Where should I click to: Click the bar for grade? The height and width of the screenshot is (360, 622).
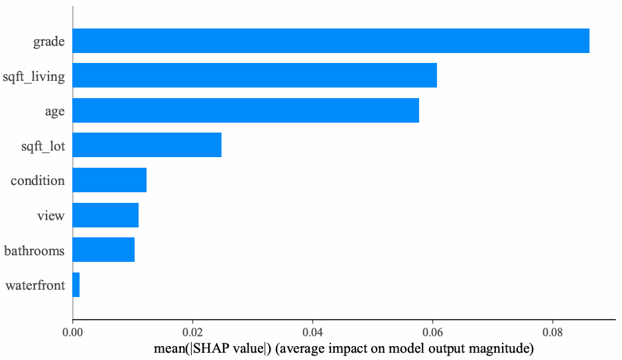(331, 41)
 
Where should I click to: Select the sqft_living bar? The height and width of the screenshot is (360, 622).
(255, 76)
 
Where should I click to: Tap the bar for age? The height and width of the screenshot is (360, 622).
(246, 110)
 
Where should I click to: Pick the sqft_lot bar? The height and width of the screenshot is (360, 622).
(147, 145)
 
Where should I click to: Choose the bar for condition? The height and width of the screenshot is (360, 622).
(109, 180)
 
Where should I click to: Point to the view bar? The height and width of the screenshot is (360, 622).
(105, 215)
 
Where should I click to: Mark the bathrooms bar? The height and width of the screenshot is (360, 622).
(103, 250)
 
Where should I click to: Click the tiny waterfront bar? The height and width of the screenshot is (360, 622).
(76, 284)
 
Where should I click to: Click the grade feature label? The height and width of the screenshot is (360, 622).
(49, 42)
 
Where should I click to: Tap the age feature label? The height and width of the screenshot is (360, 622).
(54, 111)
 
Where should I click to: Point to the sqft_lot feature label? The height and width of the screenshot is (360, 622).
(43, 146)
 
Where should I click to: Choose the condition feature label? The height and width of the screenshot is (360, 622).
(38, 180)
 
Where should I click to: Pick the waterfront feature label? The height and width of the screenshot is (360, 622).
(35, 286)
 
